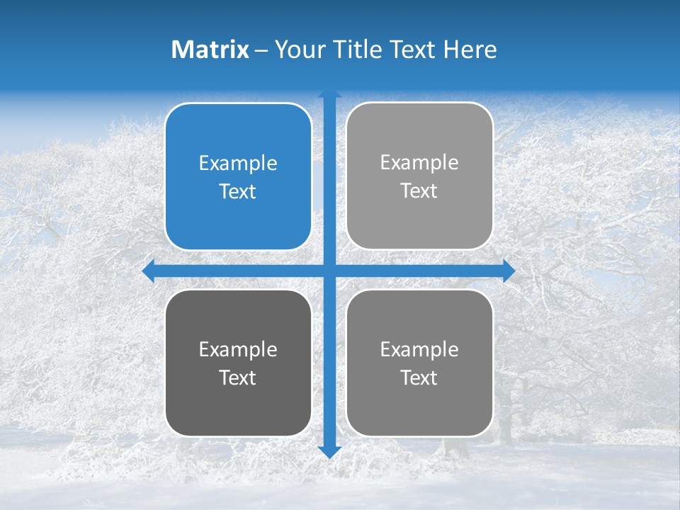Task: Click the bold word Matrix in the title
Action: tap(210, 50)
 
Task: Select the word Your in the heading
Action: tap(297, 50)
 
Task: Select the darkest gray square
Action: tap(238, 411)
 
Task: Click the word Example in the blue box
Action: tap(238, 164)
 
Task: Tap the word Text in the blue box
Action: tap(238, 192)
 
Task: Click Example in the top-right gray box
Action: tap(419, 163)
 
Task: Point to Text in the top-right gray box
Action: tap(419, 191)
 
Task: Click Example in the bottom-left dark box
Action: tap(238, 350)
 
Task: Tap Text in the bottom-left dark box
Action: tap(238, 378)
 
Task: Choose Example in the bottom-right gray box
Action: tap(419, 350)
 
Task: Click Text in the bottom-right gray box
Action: tap(419, 378)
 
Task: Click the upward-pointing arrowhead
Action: tap(329, 94)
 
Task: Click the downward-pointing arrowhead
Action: tap(329, 451)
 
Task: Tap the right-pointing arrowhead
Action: tap(509, 271)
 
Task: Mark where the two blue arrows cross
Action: tap(329, 271)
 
